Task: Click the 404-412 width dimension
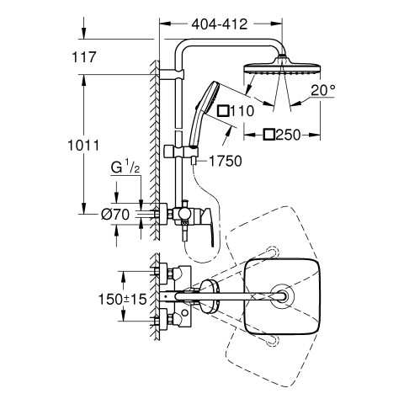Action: point(220,24)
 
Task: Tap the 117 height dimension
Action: point(84,57)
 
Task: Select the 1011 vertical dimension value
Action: point(83,146)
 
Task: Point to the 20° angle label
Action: point(323,90)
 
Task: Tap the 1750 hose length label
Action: point(226,162)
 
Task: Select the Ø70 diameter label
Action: point(115,215)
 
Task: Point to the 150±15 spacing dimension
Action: point(123,300)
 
